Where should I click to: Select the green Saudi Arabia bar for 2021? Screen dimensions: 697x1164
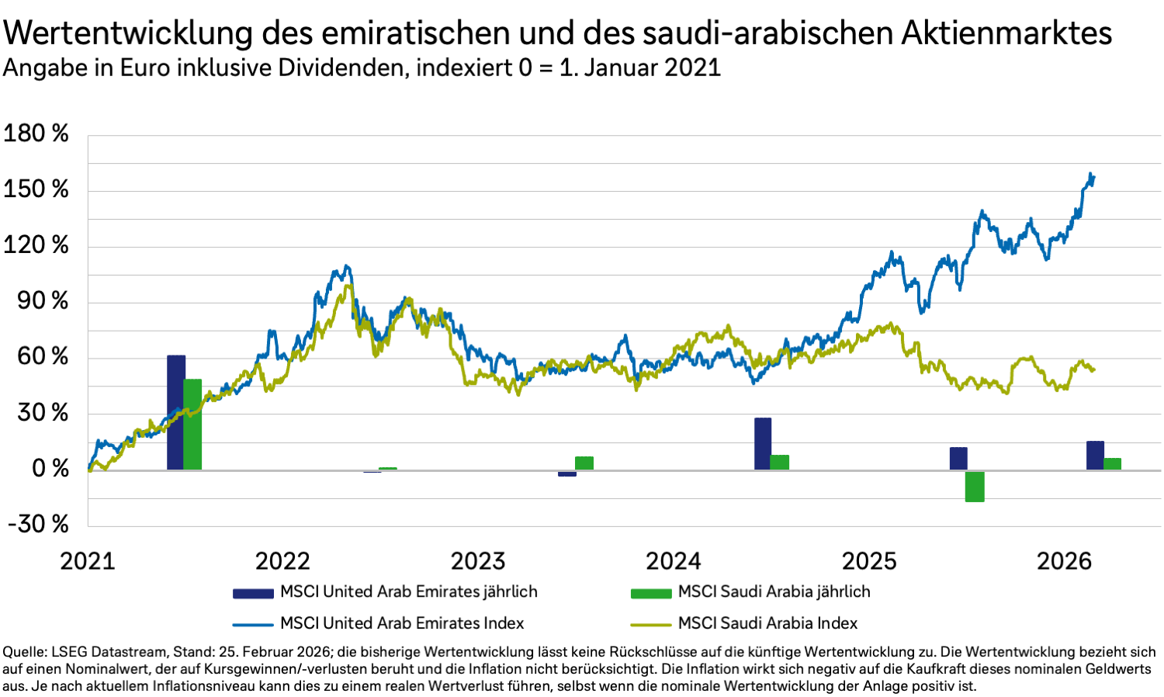click(x=192, y=425)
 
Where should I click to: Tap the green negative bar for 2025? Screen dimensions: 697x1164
click(x=975, y=486)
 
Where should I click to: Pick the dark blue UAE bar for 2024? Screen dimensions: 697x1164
click(x=763, y=444)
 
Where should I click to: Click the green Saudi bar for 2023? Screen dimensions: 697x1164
click(x=584, y=463)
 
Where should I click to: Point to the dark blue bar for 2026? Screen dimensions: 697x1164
click(x=1095, y=456)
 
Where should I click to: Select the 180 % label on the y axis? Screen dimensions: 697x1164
click(x=36, y=134)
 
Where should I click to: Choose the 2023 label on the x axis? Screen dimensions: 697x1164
click(x=478, y=560)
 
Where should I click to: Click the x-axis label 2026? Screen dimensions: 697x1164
click(x=1064, y=560)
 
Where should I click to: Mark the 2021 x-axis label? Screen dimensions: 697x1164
click(x=87, y=560)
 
